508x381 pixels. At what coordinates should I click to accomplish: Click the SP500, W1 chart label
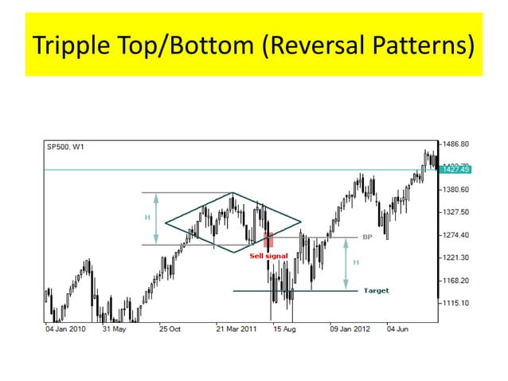point(67,146)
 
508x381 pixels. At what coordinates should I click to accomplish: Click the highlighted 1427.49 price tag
point(456,169)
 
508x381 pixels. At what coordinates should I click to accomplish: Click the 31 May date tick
point(115,328)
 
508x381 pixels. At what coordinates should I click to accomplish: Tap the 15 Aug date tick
point(284,328)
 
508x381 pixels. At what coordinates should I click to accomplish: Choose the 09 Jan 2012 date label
point(350,328)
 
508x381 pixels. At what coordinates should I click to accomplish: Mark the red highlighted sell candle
point(268,239)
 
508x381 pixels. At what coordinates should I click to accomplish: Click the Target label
point(376,291)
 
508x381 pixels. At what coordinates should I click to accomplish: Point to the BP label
point(368,237)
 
